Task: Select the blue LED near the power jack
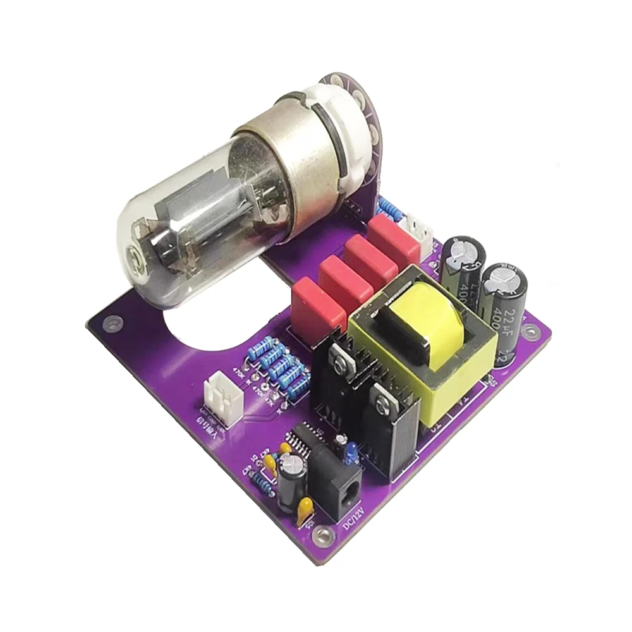351,450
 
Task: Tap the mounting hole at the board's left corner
111,322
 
